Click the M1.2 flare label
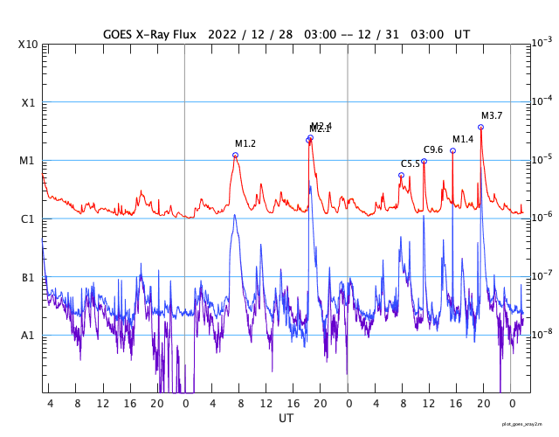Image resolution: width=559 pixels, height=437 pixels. pyautogui.click(x=245, y=143)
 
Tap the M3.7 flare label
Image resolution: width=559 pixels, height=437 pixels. pyautogui.click(x=492, y=115)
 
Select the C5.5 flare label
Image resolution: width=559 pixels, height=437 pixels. pyautogui.click(x=411, y=163)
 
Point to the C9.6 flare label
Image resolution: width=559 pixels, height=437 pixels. pyautogui.click(x=433, y=149)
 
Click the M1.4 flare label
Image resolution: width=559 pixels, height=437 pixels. pyautogui.click(x=463, y=139)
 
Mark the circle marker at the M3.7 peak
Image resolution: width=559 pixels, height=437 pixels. pyautogui.click(x=481, y=127)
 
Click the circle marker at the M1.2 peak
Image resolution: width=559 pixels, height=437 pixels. pyautogui.click(x=235, y=155)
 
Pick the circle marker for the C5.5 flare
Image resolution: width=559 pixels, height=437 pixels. pyautogui.click(x=401, y=175)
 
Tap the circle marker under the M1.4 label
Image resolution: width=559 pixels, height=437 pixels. pyautogui.click(x=452, y=150)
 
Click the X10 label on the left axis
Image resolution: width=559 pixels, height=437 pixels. pyautogui.click(x=28, y=45)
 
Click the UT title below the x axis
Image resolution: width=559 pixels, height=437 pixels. pyautogui.click(x=286, y=419)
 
